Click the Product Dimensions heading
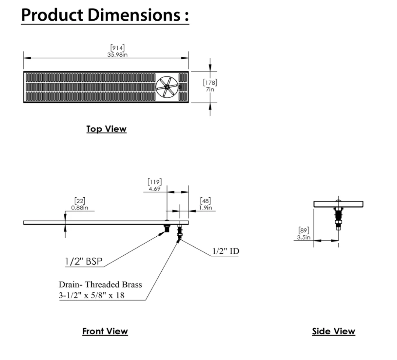tap(105, 15)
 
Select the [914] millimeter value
tap(118, 47)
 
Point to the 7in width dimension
tap(210, 89)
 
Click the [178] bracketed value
tap(210, 82)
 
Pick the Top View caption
tap(106, 129)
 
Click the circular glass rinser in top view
tap(166, 87)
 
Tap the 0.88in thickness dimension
tap(80, 208)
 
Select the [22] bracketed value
tap(80, 201)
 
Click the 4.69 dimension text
tap(155, 188)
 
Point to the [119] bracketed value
tap(155, 181)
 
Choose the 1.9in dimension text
tap(205, 208)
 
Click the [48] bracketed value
tap(205, 201)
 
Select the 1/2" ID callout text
tap(226, 251)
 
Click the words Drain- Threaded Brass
tap(100, 285)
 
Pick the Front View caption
tap(105, 331)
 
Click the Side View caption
tap(334, 331)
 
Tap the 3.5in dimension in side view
tap(304, 237)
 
